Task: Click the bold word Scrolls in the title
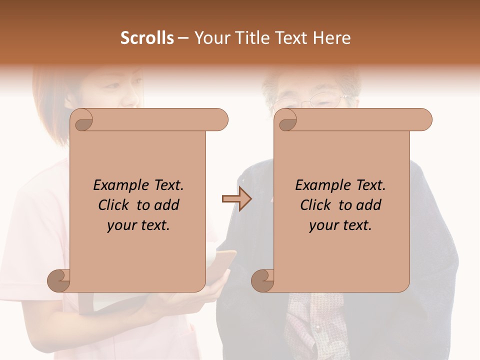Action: (x=147, y=38)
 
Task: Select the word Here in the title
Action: (x=332, y=38)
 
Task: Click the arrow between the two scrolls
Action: (x=236, y=199)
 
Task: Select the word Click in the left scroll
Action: (x=113, y=205)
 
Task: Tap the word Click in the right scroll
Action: (x=315, y=205)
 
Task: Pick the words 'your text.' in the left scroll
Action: (x=138, y=225)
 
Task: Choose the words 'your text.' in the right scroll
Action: (x=340, y=225)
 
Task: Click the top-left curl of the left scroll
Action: (x=82, y=120)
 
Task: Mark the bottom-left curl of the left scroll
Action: (x=59, y=280)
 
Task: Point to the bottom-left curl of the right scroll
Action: (x=263, y=280)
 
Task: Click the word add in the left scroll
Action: (x=167, y=205)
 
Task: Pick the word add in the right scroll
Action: (x=369, y=205)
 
